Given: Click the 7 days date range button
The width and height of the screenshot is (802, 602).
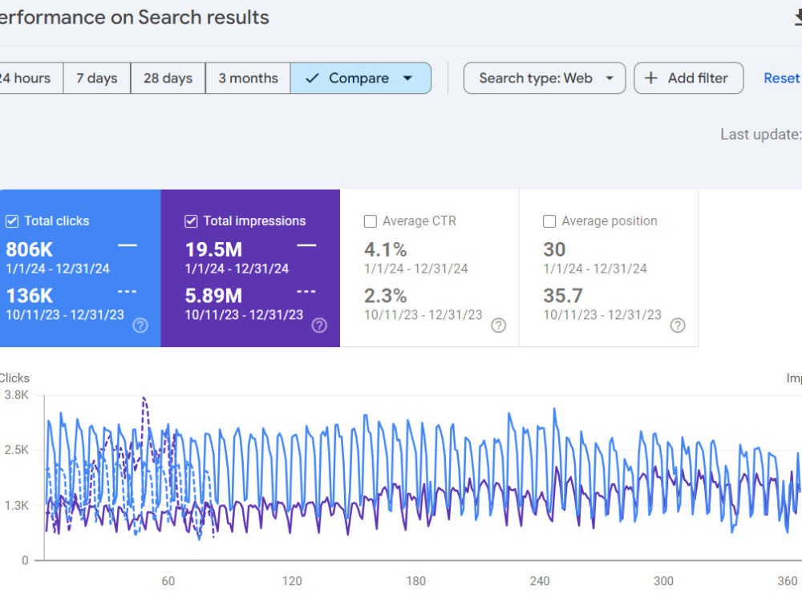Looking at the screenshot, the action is (x=97, y=79).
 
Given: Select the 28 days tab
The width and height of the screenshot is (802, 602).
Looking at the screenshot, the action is (x=168, y=79).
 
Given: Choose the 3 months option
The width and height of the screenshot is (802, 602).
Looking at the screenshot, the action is (x=248, y=79).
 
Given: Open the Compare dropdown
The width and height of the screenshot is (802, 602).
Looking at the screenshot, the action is (x=361, y=79).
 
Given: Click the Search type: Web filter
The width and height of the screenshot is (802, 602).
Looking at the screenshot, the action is (x=545, y=79).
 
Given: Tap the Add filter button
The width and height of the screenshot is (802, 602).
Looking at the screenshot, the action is (x=688, y=79).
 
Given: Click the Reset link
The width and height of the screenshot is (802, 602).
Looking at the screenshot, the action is (x=781, y=79).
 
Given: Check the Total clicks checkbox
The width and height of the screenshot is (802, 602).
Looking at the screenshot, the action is (x=12, y=221).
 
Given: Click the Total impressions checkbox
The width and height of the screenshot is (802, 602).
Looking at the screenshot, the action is (x=191, y=221).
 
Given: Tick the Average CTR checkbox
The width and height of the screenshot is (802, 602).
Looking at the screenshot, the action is (x=370, y=221).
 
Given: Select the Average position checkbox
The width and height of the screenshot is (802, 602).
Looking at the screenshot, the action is (x=549, y=221).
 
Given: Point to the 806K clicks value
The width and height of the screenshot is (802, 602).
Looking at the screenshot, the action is (x=29, y=250).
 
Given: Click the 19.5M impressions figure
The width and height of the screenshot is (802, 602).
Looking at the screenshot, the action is (x=213, y=250).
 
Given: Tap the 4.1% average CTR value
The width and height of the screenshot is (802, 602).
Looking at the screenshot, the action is (x=385, y=250).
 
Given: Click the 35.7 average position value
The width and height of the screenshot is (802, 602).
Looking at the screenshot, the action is (x=563, y=296).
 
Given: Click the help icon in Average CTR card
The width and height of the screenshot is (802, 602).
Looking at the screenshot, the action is (x=498, y=325).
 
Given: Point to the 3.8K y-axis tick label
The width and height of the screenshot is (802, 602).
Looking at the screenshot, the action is (x=16, y=395).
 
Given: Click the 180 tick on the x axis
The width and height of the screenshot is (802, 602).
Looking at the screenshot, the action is (x=415, y=581).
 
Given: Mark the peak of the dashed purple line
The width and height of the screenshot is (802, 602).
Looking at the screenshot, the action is (x=144, y=397).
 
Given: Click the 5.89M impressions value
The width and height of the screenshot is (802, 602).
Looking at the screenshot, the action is (x=213, y=296).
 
